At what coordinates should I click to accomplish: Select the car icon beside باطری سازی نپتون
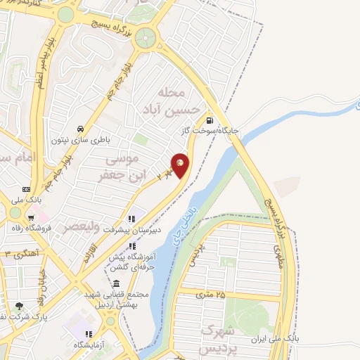click(x=82, y=129)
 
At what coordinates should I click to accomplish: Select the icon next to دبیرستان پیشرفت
click(x=130, y=219)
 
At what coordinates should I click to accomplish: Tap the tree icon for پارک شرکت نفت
click(x=20, y=306)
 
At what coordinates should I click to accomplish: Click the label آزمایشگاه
click(x=89, y=345)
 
